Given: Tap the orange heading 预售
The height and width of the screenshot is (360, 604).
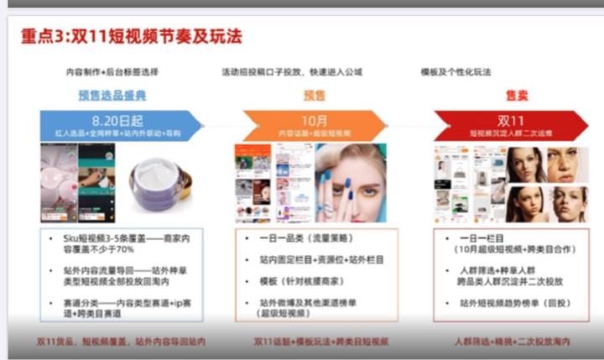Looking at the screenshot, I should [315, 96].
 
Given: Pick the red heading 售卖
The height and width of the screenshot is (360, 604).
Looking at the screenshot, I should [516, 96].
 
